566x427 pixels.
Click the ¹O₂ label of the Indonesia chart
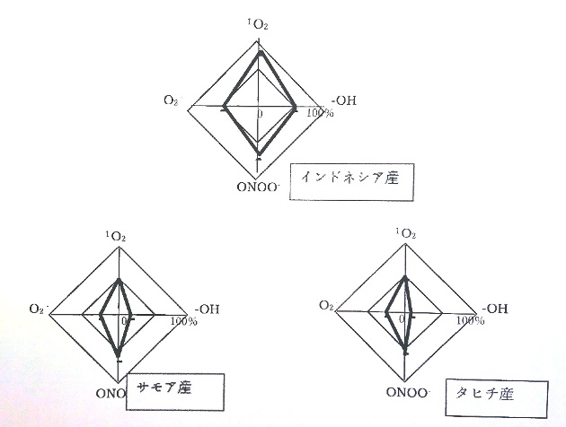[257, 24]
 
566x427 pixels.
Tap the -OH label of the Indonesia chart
[343, 100]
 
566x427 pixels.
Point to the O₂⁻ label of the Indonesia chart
[172, 100]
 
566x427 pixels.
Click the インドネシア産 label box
[351, 182]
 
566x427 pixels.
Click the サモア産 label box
[175, 392]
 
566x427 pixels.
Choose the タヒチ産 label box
[497, 397]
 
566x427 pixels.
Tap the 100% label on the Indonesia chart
[320, 113]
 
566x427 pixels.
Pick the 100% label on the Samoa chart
[184, 321]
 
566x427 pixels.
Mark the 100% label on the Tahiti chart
[471, 320]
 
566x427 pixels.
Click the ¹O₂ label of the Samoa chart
[116, 237]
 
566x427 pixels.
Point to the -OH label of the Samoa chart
[208, 309]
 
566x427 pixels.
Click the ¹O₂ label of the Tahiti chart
[406, 233]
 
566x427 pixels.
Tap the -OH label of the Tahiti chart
[495, 309]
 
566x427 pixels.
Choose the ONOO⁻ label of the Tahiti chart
[408, 392]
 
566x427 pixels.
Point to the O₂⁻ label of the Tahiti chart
[328, 306]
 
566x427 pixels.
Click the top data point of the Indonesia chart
[260, 54]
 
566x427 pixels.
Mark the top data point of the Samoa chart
[119, 281]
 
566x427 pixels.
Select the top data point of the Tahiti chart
[405, 278]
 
